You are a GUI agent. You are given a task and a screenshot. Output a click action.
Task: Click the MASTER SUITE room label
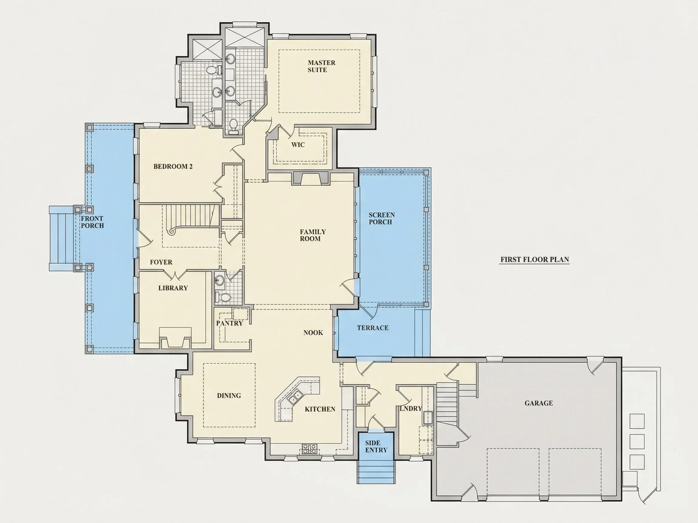tap(321, 66)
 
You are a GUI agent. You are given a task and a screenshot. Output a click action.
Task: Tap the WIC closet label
tap(298, 145)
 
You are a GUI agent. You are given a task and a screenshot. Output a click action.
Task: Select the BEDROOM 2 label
tap(173, 166)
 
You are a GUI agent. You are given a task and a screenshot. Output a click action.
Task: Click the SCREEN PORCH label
tap(381, 218)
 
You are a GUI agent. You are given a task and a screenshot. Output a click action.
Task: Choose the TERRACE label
tap(373, 328)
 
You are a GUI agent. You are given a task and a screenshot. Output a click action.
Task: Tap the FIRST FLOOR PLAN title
tap(534, 259)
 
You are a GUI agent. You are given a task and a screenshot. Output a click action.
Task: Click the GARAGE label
tap(539, 403)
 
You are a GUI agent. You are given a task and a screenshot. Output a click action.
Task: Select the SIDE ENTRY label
tap(376, 446)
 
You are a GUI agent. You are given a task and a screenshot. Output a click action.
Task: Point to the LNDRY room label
tap(410, 409)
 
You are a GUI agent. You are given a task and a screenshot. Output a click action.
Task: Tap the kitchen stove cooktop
tap(309, 449)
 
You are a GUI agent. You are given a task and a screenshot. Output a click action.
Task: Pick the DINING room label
tap(229, 396)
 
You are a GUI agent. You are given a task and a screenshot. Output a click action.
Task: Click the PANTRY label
tap(229, 323)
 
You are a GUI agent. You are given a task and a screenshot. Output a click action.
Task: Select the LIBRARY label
tap(173, 288)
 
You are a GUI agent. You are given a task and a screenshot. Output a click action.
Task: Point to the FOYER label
tap(161, 262)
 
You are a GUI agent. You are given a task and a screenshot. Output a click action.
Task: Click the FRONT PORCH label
tap(92, 222)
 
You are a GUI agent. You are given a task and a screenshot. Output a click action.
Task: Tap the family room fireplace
tap(311, 179)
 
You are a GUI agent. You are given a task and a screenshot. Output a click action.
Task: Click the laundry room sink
tap(427, 418)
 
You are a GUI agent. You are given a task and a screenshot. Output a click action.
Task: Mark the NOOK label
tap(313, 333)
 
